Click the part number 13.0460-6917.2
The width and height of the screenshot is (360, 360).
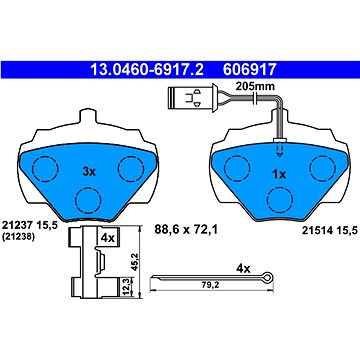(x=147, y=70)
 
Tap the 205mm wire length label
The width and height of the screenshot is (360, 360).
(x=255, y=87)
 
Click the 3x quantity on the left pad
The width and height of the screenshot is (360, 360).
(x=89, y=172)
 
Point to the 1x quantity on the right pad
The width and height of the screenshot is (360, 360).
(x=279, y=174)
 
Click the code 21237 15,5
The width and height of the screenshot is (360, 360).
(x=30, y=226)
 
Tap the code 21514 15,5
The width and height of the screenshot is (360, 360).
(x=330, y=230)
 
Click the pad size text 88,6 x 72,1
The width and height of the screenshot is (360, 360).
(x=186, y=229)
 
